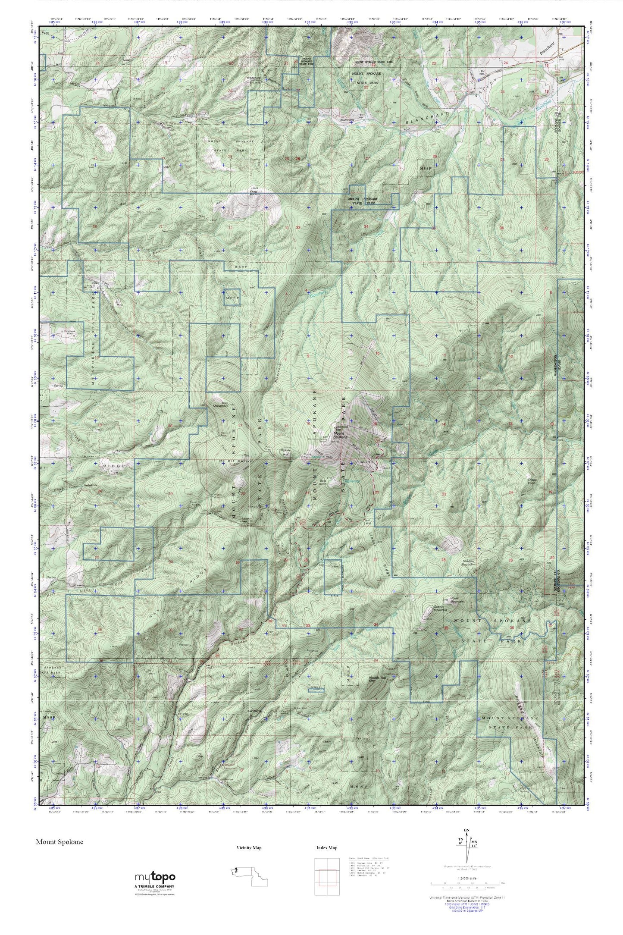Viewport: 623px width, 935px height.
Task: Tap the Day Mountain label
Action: click(x=220, y=403)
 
